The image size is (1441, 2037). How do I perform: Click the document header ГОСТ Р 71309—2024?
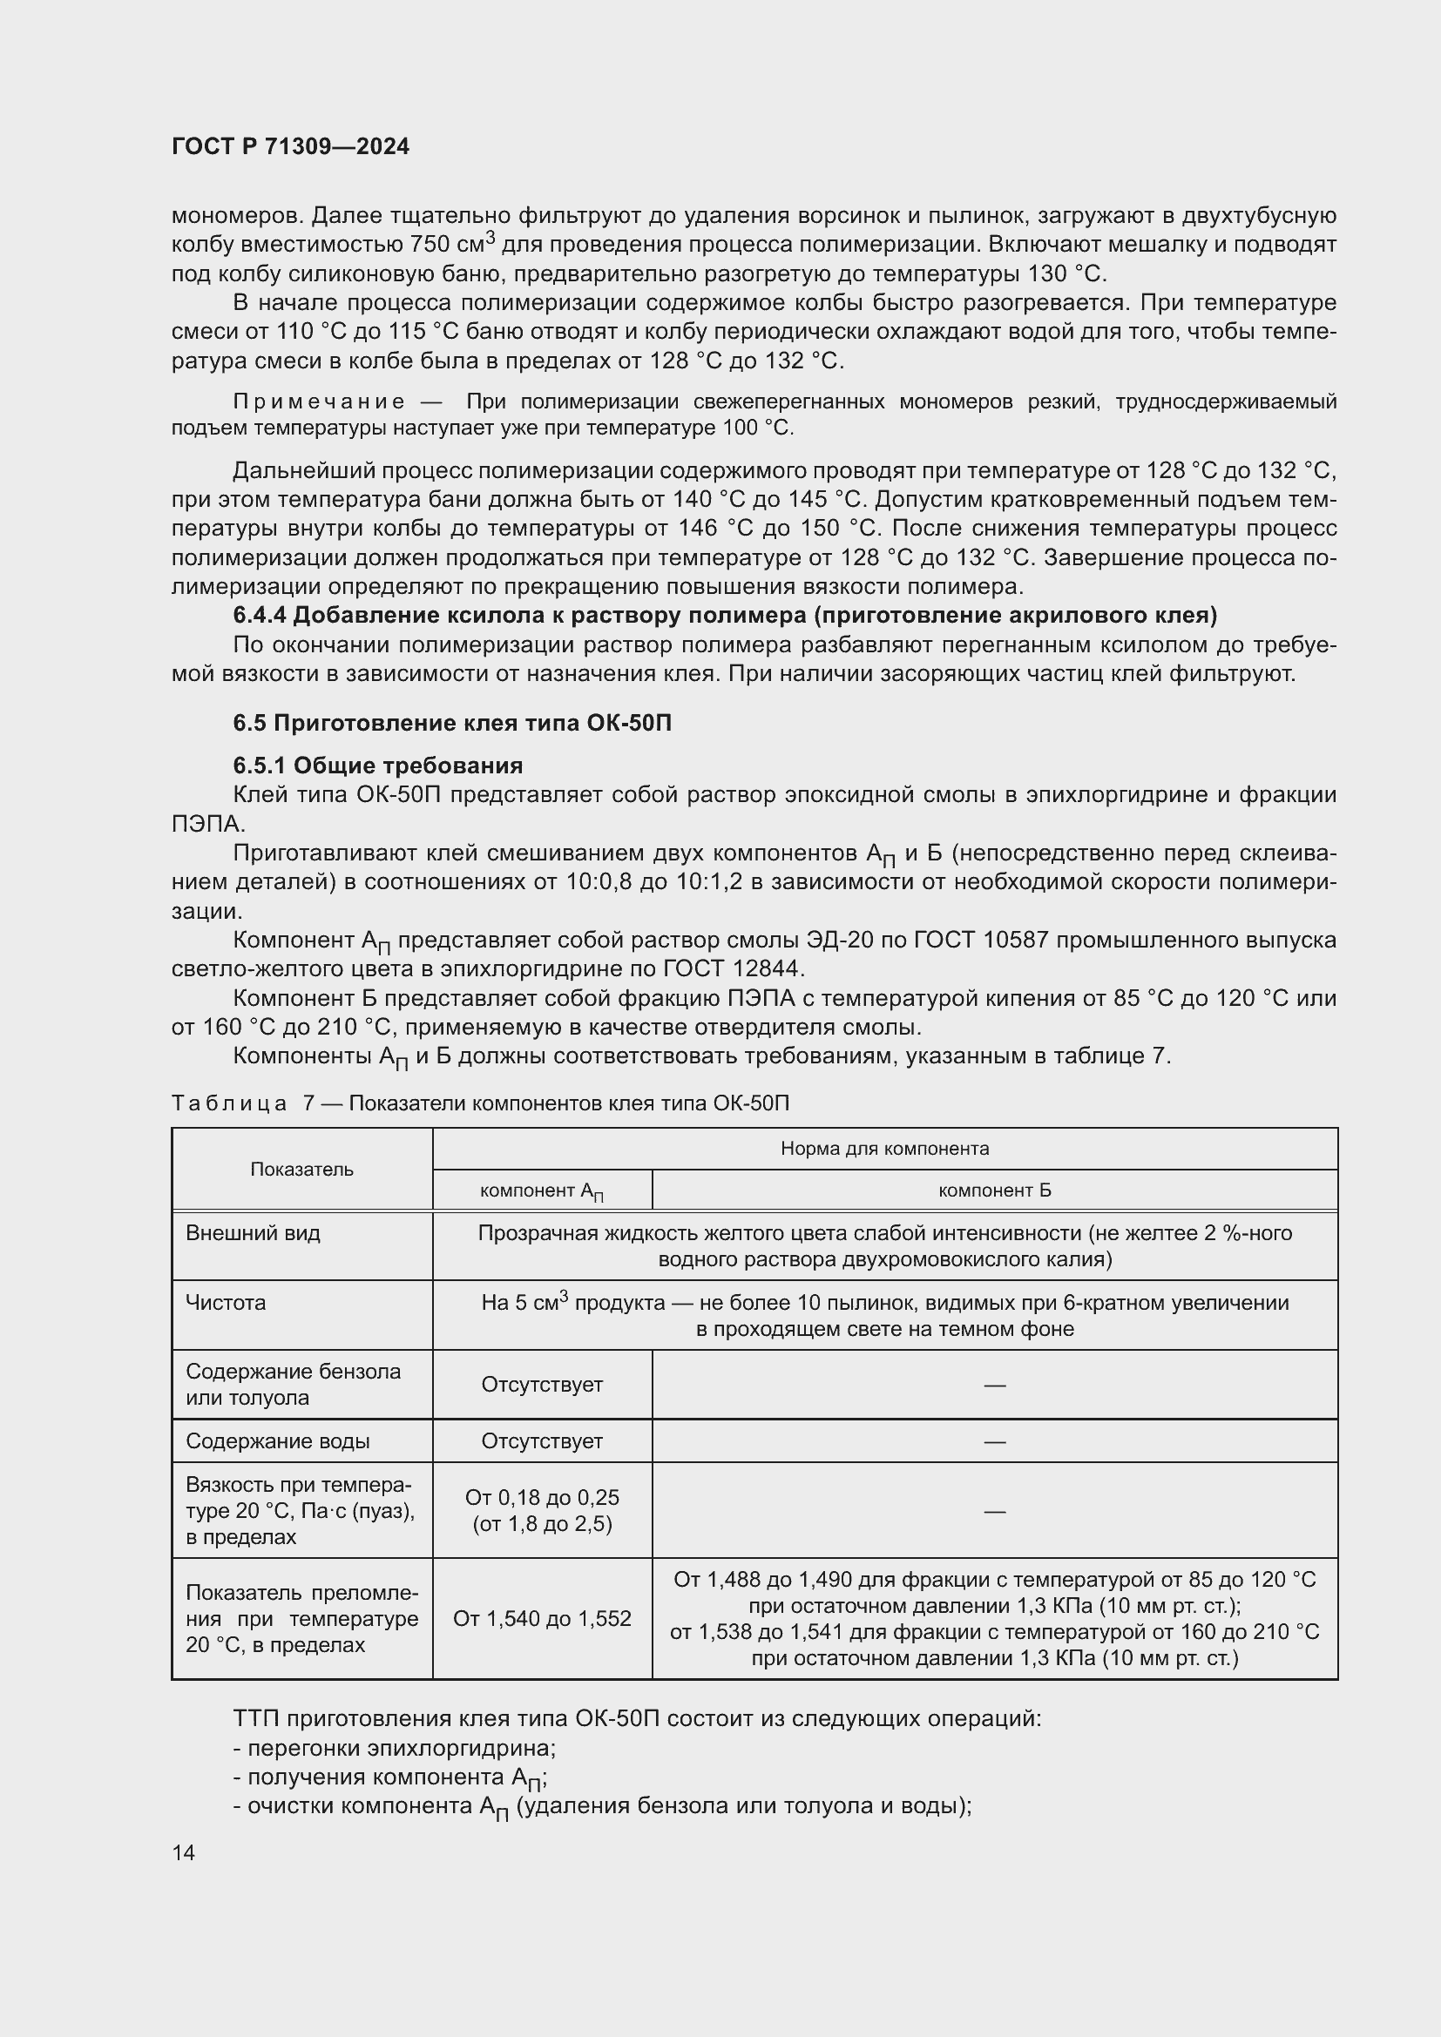click(x=290, y=146)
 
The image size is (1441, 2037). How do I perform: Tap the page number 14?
click(x=184, y=1852)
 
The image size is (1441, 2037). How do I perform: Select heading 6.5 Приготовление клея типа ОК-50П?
click(x=451, y=723)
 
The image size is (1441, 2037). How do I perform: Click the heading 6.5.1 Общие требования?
click(x=378, y=766)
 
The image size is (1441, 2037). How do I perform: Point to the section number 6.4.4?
click(x=259, y=616)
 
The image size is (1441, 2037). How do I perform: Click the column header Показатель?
click(x=301, y=1170)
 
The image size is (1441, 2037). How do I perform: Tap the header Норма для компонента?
click(x=884, y=1149)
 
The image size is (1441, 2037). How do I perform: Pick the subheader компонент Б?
click(x=995, y=1190)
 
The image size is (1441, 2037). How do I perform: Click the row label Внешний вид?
click(x=253, y=1233)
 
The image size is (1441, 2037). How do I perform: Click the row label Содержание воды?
click(x=278, y=1440)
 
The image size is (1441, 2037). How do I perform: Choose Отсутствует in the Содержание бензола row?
click(x=542, y=1384)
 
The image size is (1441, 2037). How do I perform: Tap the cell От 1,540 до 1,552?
click(x=542, y=1618)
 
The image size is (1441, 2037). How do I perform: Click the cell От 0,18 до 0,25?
click(x=542, y=1498)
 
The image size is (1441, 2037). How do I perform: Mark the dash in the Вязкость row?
click(x=995, y=1511)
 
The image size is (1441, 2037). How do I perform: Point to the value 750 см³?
click(x=453, y=244)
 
